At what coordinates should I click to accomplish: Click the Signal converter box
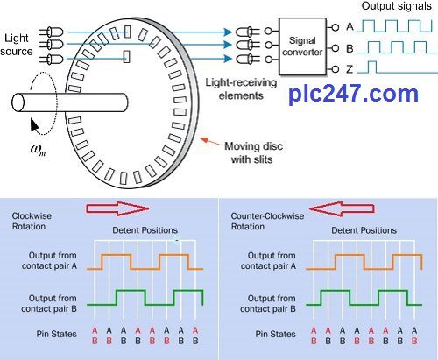[302, 46]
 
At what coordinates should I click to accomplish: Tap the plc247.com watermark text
[353, 94]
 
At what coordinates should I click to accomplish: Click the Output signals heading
[396, 6]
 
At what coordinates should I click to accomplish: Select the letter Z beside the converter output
[350, 69]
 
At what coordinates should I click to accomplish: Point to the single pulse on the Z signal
[371, 67]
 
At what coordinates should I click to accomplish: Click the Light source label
[17, 45]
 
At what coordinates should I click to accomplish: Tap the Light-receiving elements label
[241, 88]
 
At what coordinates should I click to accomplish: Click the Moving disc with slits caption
[253, 152]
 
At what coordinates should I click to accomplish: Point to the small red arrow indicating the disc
[210, 141]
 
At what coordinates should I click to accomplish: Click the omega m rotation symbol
[38, 149]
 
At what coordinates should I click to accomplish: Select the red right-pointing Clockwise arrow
[117, 208]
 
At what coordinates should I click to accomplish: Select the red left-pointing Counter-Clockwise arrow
[342, 208]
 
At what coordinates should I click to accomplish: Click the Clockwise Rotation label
[32, 221]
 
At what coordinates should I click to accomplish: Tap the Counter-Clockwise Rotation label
[267, 221]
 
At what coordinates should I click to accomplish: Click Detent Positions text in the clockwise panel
[145, 230]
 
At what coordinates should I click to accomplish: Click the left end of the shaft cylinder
[18, 102]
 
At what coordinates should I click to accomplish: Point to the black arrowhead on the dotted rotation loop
[34, 124]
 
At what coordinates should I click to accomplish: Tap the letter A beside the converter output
[350, 26]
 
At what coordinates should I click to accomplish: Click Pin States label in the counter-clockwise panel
[275, 334]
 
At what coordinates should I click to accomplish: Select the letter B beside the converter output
[350, 48]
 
